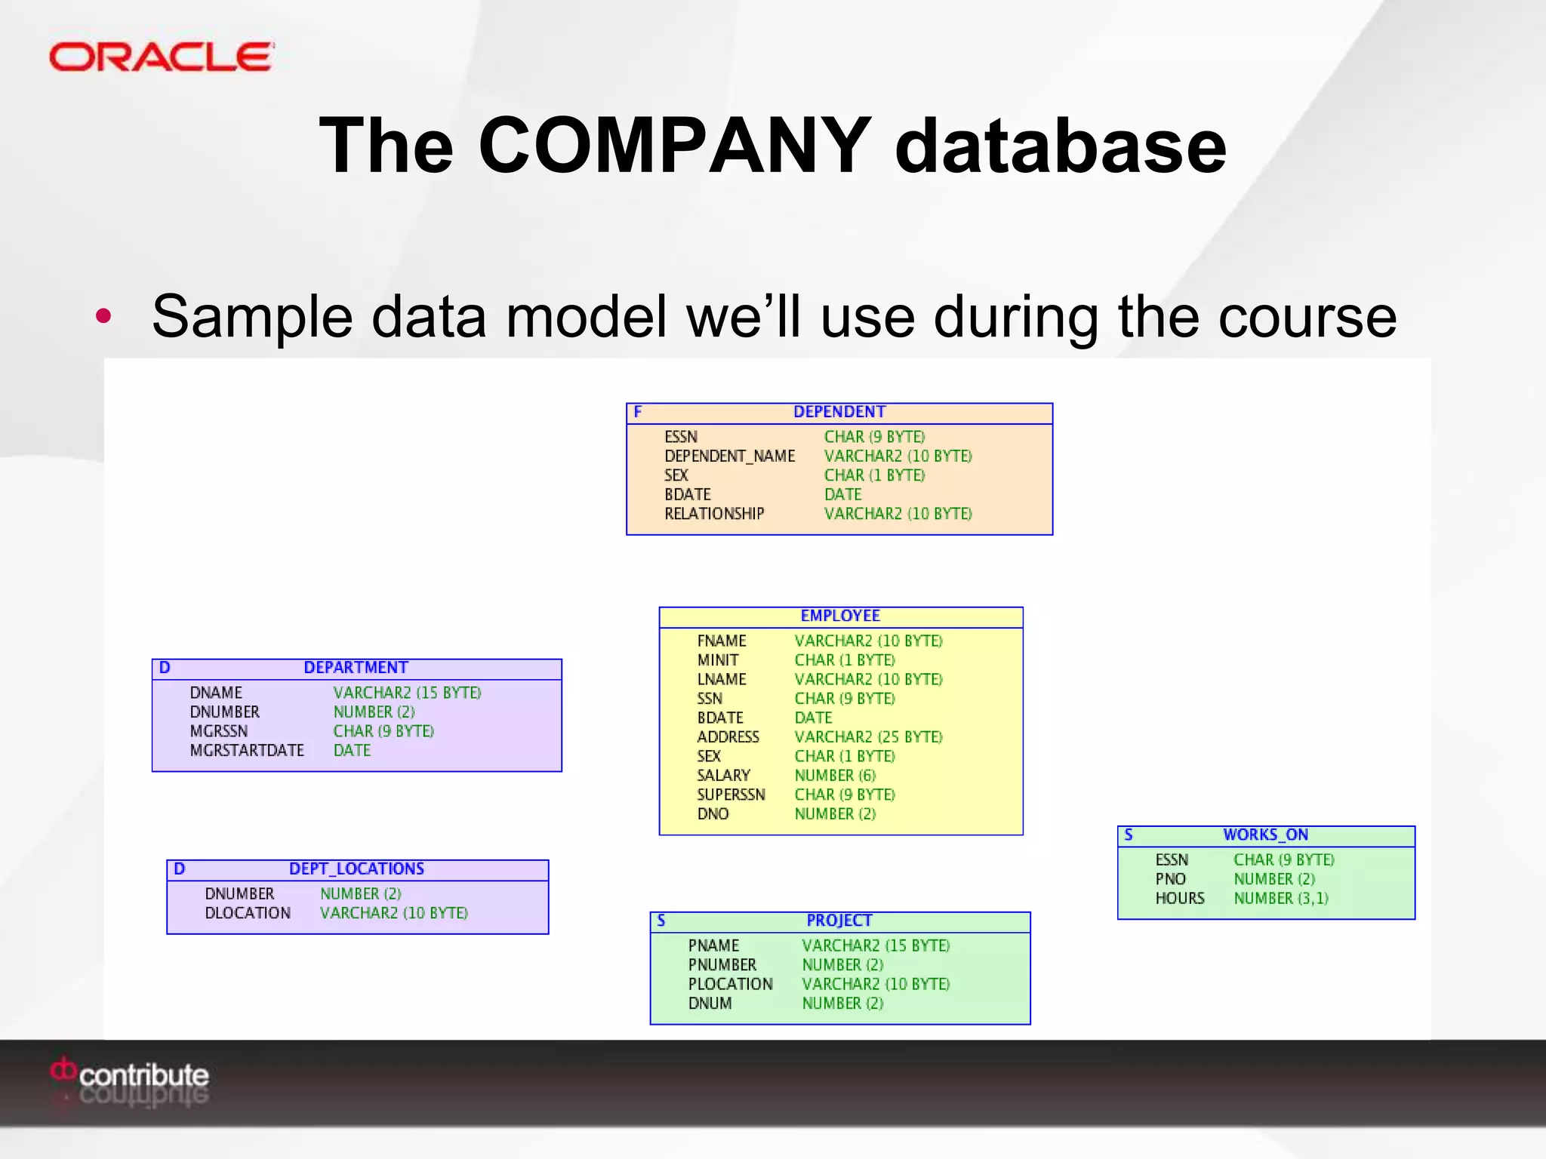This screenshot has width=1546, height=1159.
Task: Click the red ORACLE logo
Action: click(x=161, y=57)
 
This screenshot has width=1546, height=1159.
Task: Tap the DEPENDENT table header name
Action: click(x=839, y=412)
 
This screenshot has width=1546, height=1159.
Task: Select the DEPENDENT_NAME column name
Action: click(x=729, y=456)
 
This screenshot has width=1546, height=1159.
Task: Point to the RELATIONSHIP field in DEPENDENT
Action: click(x=714, y=514)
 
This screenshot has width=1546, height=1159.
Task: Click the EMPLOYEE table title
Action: click(x=840, y=616)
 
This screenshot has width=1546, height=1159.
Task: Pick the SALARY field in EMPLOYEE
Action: click(x=723, y=776)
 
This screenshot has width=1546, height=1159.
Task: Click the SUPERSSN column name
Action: click(x=731, y=795)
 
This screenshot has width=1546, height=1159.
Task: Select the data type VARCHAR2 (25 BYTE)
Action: click(x=868, y=737)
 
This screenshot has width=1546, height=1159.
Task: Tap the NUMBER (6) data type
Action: click(x=835, y=776)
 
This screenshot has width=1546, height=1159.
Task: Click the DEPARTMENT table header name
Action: click(x=356, y=668)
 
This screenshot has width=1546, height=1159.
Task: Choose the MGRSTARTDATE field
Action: click(x=247, y=751)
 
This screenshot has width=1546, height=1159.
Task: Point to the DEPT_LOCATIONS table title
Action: click(x=356, y=869)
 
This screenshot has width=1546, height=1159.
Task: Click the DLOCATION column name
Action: click(x=248, y=913)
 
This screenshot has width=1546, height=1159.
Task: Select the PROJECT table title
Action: click(x=839, y=921)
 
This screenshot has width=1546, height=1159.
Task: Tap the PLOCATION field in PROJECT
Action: click(x=730, y=984)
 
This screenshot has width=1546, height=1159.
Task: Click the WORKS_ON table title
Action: click(x=1265, y=835)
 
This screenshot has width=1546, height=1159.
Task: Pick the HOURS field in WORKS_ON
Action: click(x=1180, y=899)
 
